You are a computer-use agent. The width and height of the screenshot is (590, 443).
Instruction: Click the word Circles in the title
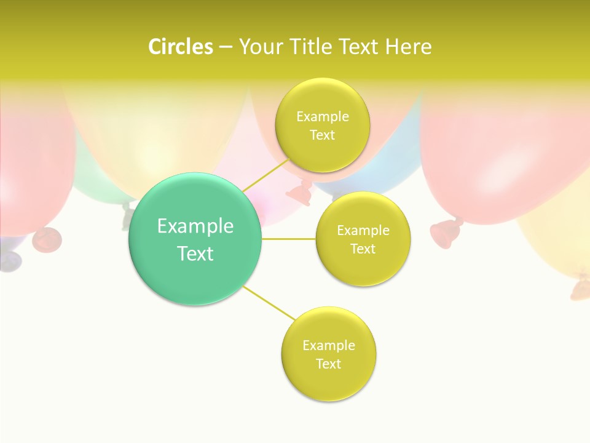(180, 47)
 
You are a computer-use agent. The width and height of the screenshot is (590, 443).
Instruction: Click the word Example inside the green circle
(195, 226)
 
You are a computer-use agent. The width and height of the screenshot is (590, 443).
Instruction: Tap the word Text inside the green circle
(195, 253)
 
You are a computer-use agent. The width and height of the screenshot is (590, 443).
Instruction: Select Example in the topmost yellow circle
(323, 116)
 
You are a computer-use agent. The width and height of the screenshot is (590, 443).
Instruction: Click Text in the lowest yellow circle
(328, 364)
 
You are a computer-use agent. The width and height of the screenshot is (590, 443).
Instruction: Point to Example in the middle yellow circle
(363, 230)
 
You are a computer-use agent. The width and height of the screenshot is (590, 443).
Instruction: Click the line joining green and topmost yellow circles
(265, 175)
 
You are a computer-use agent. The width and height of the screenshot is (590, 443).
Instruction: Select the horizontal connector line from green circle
(289, 239)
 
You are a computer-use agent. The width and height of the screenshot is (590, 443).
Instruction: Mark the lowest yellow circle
(328, 385)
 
